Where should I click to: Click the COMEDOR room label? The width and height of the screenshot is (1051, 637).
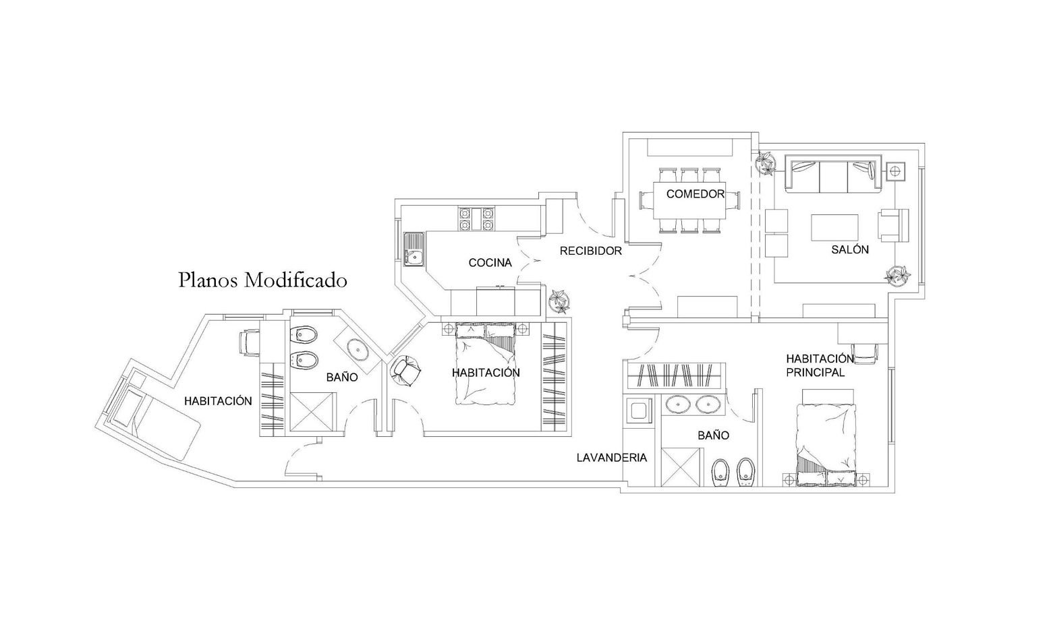(x=695, y=193)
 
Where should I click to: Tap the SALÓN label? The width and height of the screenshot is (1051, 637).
(x=850, y=249)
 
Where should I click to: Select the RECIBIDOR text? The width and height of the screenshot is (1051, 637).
(x=590, y=251)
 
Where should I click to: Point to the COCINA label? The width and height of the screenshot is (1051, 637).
(x=490, y=263)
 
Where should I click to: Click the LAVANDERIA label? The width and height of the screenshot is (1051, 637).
(x=611, y=458)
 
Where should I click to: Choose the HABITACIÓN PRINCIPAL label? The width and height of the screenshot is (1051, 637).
(x=820, y=365)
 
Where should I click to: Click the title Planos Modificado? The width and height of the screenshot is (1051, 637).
(x=263, y=280)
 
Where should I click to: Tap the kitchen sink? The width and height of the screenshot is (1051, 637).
(x=414, y=249)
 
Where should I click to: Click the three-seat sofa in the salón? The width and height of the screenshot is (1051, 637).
(x=834, y=173)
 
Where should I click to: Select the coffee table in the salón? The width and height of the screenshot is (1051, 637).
(x=834, y=229)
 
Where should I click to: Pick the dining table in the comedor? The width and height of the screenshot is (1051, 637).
(x=689, y=200)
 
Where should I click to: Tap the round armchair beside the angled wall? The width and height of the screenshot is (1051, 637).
(x=405, y=370)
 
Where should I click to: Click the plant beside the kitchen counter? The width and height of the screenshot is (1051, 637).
(x=560, y=301)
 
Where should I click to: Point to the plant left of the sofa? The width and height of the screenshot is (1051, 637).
(x=766, y=162)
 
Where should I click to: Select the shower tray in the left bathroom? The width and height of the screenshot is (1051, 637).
(x=313, y=412)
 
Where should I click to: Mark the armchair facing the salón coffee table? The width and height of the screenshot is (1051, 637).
(x=893, y=225)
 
